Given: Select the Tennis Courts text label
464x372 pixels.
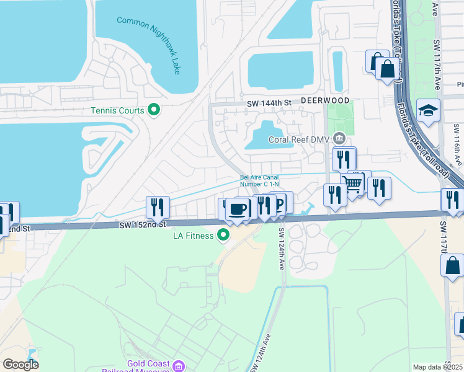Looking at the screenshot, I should point(117,111).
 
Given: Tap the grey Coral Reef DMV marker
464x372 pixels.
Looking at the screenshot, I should point(339,138).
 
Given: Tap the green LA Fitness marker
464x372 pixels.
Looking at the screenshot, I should point(223,235).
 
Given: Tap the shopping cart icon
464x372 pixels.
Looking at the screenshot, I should point(353,184).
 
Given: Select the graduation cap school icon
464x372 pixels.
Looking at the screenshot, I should point(428,111).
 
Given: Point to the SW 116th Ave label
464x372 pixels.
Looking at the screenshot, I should point(457,144).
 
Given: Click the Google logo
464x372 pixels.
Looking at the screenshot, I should point(20,364).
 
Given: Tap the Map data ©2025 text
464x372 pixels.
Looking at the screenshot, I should point(437,367).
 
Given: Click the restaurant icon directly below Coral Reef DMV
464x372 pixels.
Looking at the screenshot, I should point(344,159).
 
